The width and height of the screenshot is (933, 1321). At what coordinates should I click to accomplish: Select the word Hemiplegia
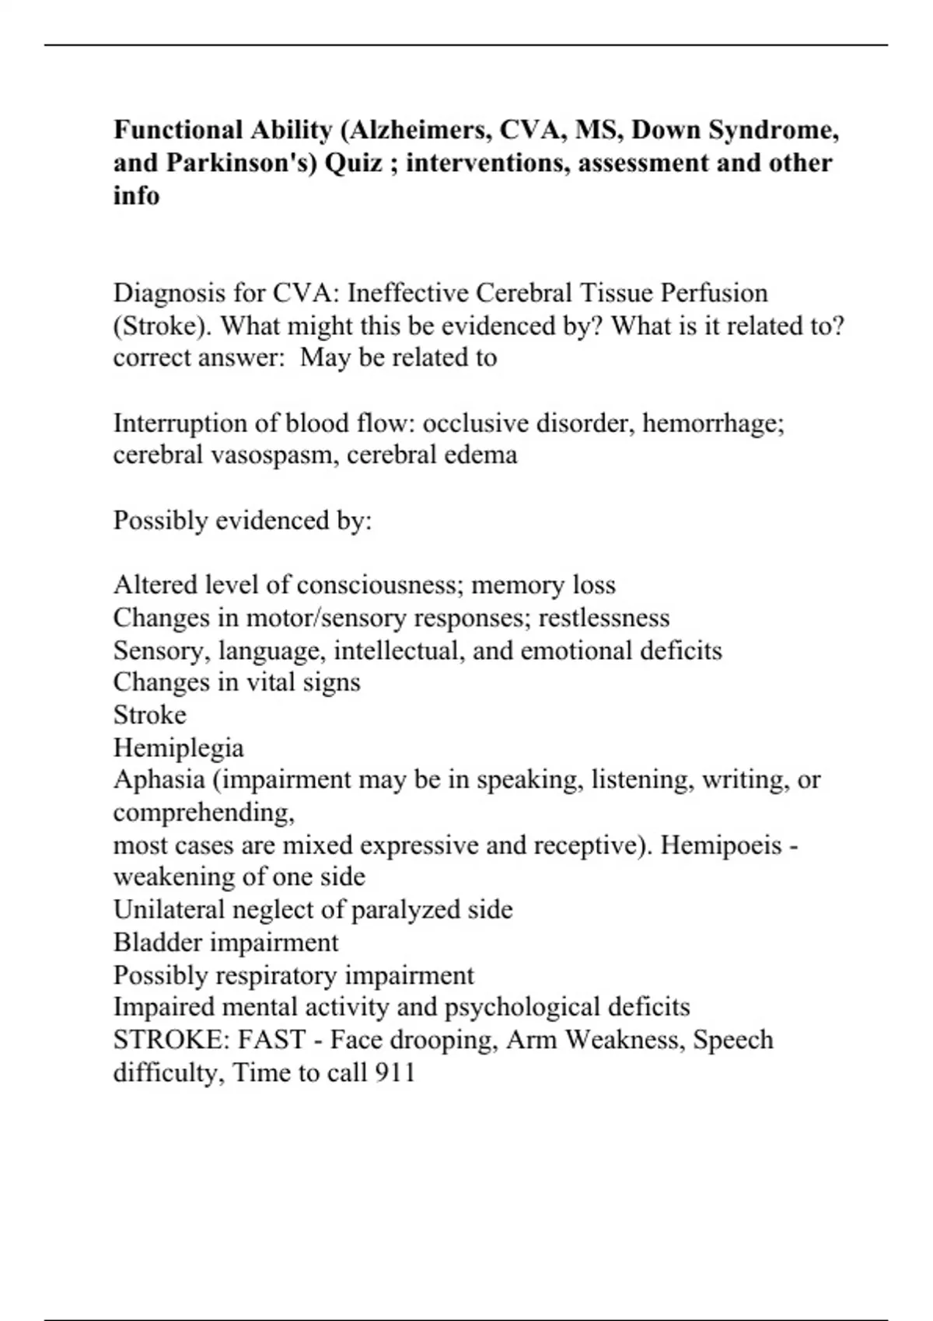(178, 748)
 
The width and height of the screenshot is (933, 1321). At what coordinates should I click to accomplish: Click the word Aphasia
(159, 780)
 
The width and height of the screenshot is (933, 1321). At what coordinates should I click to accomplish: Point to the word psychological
(521, 1007)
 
